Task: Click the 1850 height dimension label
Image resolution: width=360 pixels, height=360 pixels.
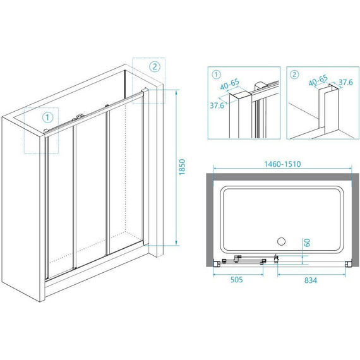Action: point(182,167)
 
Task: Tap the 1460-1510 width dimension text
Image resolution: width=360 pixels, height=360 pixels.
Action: point(282,164)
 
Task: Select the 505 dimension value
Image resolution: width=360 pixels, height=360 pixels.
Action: point(236,280)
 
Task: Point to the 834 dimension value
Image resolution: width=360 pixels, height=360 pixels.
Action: point(311,280)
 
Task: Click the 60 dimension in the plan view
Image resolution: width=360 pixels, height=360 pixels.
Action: point(308,243)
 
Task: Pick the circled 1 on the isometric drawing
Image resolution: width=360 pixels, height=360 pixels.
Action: point(47,117)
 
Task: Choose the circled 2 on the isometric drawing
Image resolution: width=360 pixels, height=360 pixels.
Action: point(155,66)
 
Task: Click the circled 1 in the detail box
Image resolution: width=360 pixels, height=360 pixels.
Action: point(217,75)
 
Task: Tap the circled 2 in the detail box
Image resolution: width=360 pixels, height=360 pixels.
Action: point(295,75)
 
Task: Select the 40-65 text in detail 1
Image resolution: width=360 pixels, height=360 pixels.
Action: point(230,84)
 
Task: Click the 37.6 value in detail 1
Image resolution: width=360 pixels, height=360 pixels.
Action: point(217,105)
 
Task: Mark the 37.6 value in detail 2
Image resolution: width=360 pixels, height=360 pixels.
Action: point(345,82)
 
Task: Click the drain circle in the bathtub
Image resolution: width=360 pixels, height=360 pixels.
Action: point(281,241)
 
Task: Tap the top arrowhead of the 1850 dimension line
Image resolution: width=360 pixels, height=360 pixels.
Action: point(176,92)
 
